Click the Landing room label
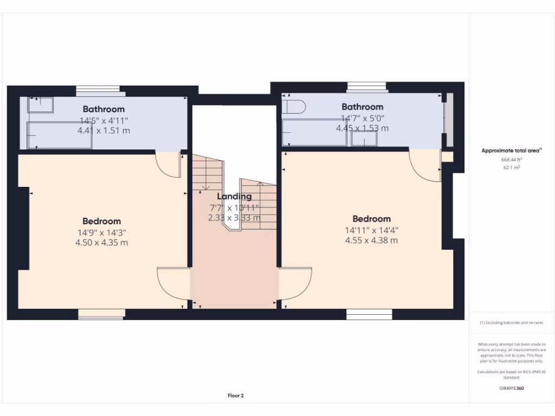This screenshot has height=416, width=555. coord(234,197)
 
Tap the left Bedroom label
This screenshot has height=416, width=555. coord(101,221)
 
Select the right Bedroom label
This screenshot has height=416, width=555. coord(371,219)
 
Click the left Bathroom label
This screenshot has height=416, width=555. coord(104,109)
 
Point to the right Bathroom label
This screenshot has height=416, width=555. coord(362,107)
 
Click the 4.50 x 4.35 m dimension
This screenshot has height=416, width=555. coord(101,243)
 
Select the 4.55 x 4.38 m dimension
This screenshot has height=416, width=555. coord(371,240)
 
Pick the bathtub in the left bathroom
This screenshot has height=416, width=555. coord(60,135)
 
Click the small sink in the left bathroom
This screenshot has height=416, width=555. coord(41,105)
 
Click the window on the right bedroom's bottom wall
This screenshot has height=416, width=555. coord(369,314)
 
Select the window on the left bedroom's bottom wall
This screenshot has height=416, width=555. coord(101,314)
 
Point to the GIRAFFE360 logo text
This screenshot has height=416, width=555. coord(512,388)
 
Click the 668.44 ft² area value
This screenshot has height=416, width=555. coord(512,160)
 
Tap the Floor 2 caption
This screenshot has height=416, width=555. coord(236,396)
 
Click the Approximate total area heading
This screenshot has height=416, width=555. coord(511,151)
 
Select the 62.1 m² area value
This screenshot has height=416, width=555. coord(512,168)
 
